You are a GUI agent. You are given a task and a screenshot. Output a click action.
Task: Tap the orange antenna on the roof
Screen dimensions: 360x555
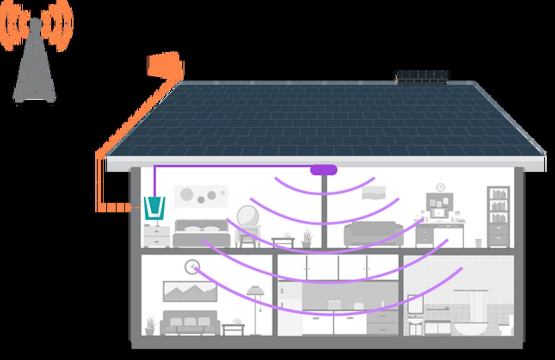click(x=164, y=65)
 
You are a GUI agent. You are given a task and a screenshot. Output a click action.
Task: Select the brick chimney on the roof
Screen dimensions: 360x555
click(x=422, y=77)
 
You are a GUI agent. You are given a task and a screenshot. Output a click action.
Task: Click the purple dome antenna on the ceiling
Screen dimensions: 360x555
click(x=324, y=170)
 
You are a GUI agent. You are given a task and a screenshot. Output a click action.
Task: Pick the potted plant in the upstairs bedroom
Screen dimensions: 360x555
click(x=307, y=239)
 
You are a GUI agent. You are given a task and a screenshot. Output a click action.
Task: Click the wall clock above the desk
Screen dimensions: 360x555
click(x=440, y=187)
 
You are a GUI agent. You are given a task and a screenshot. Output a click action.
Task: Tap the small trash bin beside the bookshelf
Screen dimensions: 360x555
click(x=478, y=242)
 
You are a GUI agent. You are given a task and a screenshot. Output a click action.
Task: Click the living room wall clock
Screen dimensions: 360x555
click(x=191, y=267)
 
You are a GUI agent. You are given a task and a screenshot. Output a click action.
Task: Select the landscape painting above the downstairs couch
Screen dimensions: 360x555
click(x=190, y=291)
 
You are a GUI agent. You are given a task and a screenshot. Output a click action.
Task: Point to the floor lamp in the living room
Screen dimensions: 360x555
click(x=255, y=305)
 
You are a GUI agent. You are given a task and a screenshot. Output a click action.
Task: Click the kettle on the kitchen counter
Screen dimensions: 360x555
click(x=358, y=305)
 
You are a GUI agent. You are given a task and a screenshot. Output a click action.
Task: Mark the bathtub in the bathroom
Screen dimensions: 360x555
click(x=470, y=329)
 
